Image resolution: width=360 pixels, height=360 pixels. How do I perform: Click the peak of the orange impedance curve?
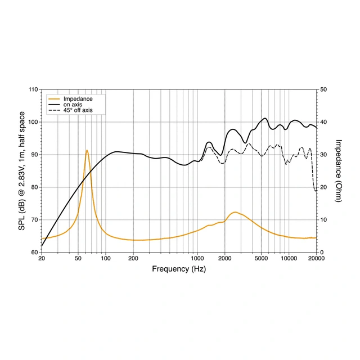click(87, 150)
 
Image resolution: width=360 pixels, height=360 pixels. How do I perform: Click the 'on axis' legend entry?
click(71, 105)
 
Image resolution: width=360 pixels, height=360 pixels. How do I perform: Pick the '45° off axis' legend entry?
click(78, 110)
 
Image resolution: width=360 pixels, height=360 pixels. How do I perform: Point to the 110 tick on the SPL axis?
click(33, 89)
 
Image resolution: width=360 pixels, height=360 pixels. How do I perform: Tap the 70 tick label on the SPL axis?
click(34, 220)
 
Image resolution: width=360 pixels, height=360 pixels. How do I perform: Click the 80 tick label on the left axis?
click(34, 187)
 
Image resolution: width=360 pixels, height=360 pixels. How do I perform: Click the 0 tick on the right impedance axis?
click(321, 253)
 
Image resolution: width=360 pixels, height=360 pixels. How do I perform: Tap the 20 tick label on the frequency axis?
click(42, 259)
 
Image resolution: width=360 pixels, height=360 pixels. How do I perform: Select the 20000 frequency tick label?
click(317, 259)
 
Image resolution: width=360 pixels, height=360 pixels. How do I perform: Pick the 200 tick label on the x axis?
click(133, 259)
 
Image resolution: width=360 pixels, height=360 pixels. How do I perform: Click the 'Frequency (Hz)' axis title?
click(179, 269)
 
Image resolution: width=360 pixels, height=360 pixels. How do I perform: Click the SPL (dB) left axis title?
click(22, 171)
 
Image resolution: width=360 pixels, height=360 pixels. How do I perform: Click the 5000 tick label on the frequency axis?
click(262, 259)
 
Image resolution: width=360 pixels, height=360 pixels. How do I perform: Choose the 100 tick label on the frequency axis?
click(106, 259)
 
